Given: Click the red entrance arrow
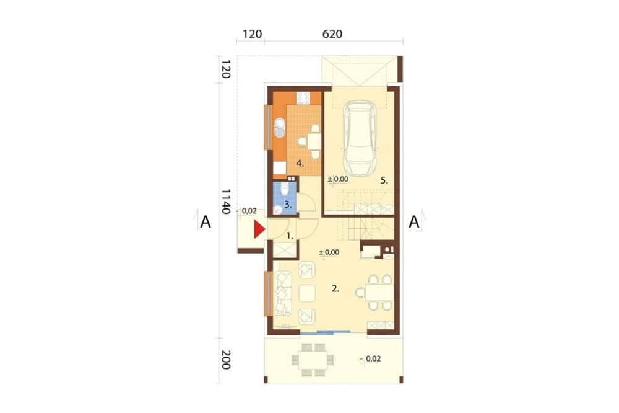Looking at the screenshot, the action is (x=259, y=230).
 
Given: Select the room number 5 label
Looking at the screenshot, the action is (x=384, y=181).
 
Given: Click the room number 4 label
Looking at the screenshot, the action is (x=300, y=163).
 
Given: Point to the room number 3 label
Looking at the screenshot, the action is (x=288, y=205).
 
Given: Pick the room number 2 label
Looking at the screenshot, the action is (x=335, y=289).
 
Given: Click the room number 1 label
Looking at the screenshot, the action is (x=290, y=236).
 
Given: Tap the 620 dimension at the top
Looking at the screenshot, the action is (x=332, y=34).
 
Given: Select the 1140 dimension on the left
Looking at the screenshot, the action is (x=225, y=201).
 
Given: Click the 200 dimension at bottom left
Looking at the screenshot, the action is (x=225, y=360).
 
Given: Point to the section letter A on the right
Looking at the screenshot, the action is (x=413, y=222).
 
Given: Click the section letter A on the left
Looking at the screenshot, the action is (x=206, y=222).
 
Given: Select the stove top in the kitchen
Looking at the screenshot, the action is (x=303, y=98).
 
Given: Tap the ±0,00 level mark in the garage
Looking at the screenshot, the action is (x=338, y=179).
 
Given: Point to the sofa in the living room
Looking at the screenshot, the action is (x=283, y=293).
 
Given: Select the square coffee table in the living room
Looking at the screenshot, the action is (x=307, y=293).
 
